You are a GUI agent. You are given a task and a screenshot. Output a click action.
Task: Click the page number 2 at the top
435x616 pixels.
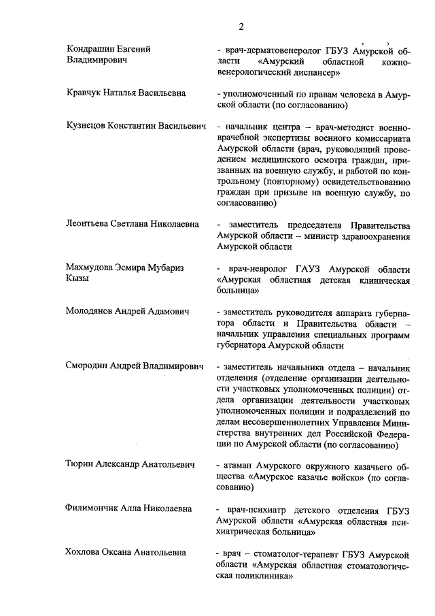click(x=241, y=27)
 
